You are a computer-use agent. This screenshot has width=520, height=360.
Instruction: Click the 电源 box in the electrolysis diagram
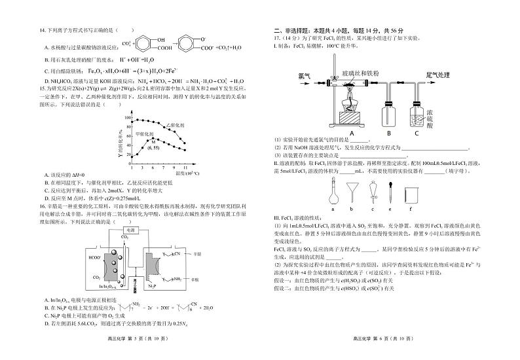[131, 230]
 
